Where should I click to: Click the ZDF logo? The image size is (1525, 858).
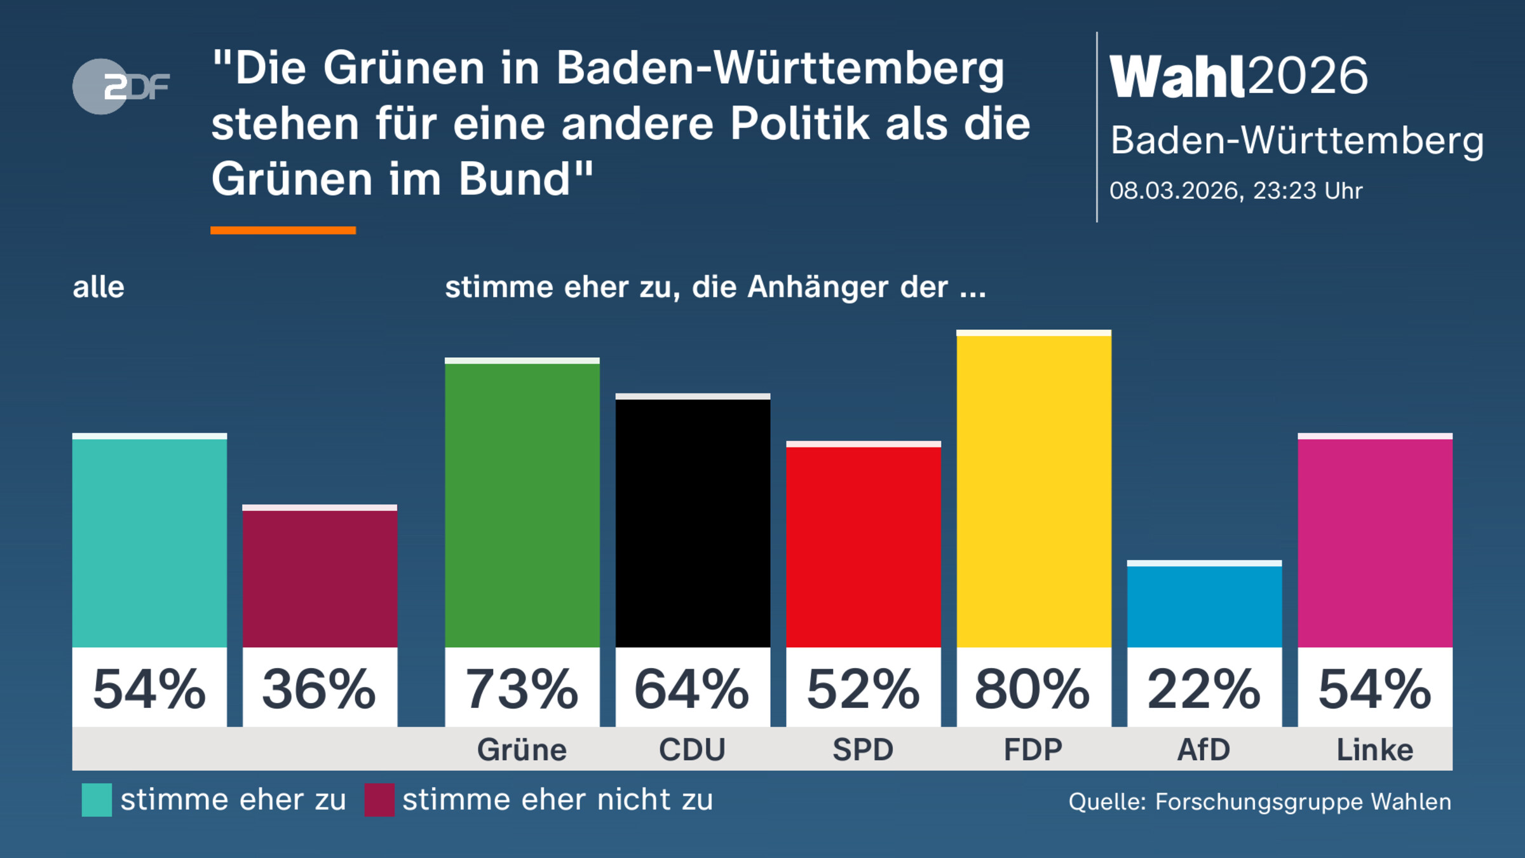point(121,86)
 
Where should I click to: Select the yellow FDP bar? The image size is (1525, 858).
point(1034,489)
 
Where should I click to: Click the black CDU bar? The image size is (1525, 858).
point(693,521)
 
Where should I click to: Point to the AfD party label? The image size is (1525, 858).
point(1204,750)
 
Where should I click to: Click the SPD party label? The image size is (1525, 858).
point(863,750)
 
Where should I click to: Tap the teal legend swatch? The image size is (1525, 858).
point(97,800)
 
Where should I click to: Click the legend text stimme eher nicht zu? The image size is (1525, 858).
point(557,800)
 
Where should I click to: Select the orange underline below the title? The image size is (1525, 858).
point(283,230)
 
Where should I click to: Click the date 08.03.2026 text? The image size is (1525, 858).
point(1174,191)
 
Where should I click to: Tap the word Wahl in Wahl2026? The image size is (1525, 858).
point(1177,76)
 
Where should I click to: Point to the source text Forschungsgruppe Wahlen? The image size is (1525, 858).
point(1303,802)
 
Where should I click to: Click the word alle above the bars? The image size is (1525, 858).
point(98,287)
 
